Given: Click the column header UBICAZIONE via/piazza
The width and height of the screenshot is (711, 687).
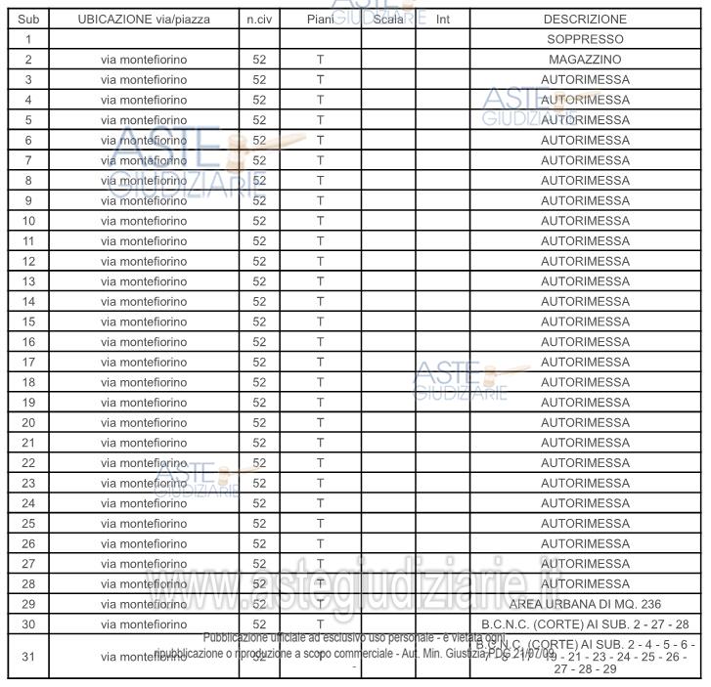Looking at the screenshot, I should (x=144, y=19).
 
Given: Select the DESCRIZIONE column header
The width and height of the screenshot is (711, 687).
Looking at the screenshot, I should (x=585, y=19).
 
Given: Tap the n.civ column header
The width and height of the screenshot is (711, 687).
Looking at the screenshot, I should (x=259, y=19).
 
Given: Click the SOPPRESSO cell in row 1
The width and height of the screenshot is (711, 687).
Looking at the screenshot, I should (x=585, y=39).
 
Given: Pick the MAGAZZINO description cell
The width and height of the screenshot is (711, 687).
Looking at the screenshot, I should (x=585, y=60).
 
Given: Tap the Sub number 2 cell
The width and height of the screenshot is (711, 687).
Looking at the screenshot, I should (x=28, y=60).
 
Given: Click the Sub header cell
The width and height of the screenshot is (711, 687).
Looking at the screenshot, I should (x=28, y=19).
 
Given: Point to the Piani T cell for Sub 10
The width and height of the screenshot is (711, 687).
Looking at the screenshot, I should (x=320, y=221).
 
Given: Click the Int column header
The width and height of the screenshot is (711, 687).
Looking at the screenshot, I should (x=442, y=19).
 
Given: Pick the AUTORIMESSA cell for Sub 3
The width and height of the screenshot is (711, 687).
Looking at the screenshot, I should (x=585, y=79).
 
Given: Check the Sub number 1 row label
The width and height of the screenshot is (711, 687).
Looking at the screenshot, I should (x=28, y=39).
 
